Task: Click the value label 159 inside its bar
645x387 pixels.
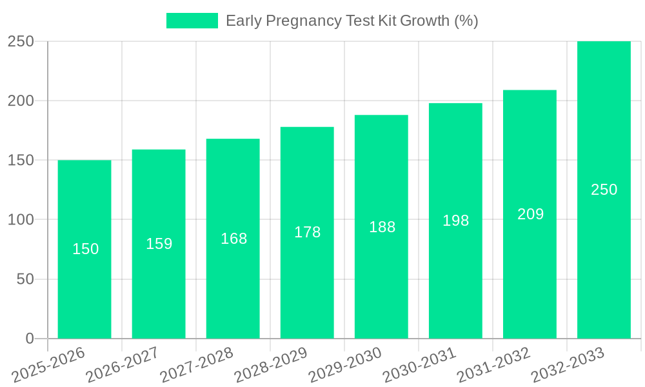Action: [x=159, y=244]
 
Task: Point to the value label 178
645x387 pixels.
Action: [x=307, y=232]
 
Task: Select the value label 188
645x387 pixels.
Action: [x=382, y=227]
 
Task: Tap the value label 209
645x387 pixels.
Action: [x=530, y=214]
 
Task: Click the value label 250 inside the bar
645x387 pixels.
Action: [x=604, y=190]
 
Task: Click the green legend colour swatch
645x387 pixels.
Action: [x=192, y=21]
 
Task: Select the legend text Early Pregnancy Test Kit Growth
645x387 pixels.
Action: [x=352, y=21]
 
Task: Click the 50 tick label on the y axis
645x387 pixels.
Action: [x=25, y=279]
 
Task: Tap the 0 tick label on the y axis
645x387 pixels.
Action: [x=30, y=339]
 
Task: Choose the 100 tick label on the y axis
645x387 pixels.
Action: [x=21, y=220]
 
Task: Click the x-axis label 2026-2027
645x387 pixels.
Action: [x=122, y=365]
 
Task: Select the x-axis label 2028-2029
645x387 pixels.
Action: [x=270, y=365]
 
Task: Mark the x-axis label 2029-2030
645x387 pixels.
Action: [x=345, y=365]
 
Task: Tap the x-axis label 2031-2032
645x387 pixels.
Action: [x=493, y=365]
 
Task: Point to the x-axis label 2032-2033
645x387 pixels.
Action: [x=568, y=365]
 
